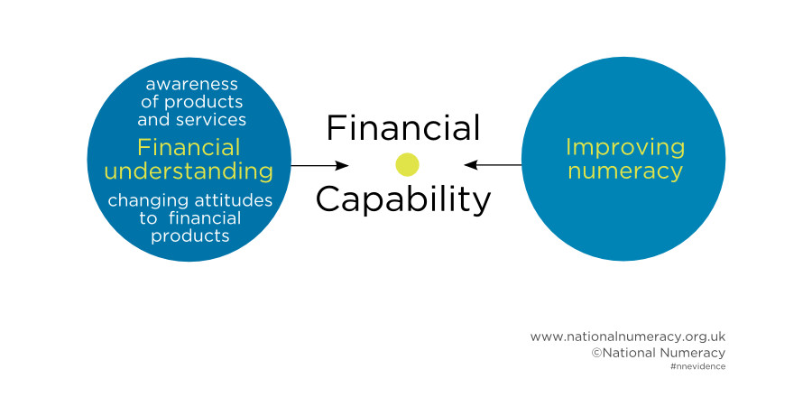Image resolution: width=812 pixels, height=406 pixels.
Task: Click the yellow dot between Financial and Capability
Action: pos(407,165)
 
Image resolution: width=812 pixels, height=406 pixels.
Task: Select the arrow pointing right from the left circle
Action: pos(319,166)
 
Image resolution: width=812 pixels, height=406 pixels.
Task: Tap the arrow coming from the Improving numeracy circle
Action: pos(493,165)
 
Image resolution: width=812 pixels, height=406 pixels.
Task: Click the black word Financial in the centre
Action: pos(403,128)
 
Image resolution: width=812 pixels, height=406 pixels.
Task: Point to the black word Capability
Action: pos(403,201)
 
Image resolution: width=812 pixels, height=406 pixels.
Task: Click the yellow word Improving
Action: pos(625,149)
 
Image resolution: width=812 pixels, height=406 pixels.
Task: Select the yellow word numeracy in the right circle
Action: pos(625,171)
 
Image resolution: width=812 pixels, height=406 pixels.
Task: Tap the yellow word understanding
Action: pos(189,171)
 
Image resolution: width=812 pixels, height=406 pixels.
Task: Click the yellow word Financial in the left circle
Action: pos(189,148)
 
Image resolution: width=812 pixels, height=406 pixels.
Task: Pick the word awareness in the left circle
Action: pos(191,84)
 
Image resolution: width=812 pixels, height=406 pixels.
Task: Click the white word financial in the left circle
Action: pos(205,218)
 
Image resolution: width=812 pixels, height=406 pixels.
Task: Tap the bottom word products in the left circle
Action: pos(190,236)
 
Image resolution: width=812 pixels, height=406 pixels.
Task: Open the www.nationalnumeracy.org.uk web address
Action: pos(628,337)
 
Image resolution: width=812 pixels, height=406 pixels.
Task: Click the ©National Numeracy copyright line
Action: pos(659,353)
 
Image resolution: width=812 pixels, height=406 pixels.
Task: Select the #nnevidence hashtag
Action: pos(697,366)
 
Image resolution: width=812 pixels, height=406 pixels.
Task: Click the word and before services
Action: pos(154,120)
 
